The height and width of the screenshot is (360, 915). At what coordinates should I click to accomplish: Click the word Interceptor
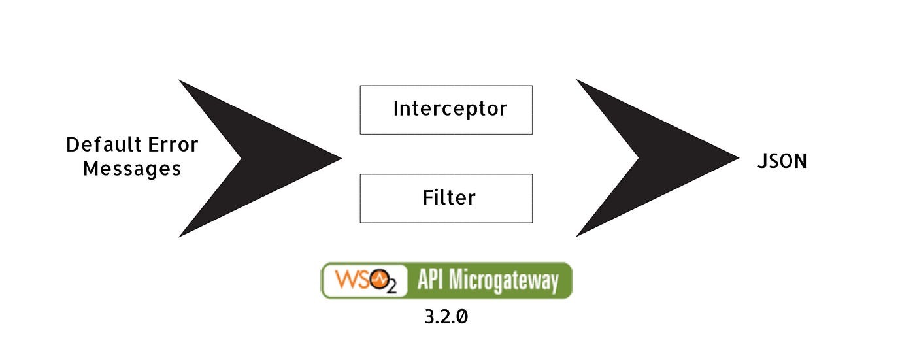coord(450,108)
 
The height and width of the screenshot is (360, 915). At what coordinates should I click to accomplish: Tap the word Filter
coord(448,197)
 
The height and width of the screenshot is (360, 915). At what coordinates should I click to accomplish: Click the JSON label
coord(782,161)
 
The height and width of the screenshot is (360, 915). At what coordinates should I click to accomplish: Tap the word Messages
coord(132,169)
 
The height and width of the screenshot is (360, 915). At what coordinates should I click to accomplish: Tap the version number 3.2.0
coord(446,318)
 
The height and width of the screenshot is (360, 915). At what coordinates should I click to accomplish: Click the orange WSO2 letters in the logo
coord(356,280)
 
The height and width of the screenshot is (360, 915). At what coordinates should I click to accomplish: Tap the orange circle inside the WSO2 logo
coord(380,280)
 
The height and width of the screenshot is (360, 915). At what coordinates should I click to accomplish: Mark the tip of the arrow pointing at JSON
coord(737,158)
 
